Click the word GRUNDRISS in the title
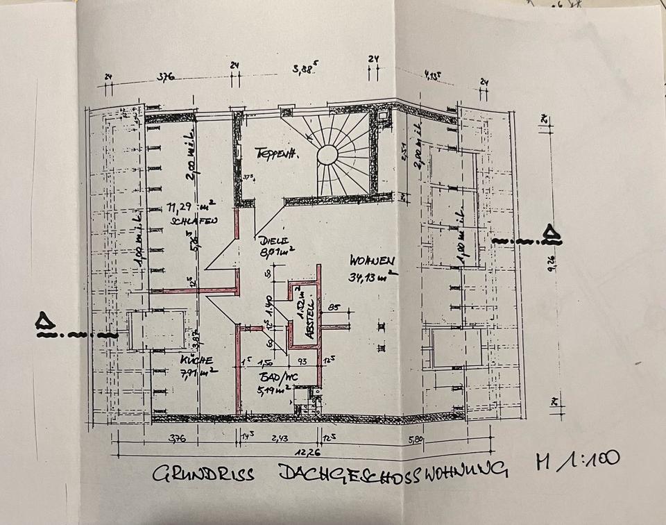click(x=203, y=474)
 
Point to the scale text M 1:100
click(x=577, y=459)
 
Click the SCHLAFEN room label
click(x=193, y=220)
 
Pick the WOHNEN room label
click(x=373, y=262)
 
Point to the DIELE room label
click(x=271, y=241)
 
